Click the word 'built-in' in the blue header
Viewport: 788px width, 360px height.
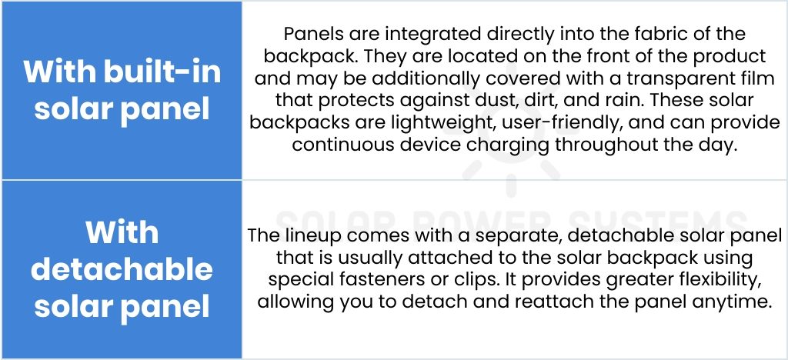click(x=162, y=72)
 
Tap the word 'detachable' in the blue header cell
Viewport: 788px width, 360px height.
click(x=122, y=269)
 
